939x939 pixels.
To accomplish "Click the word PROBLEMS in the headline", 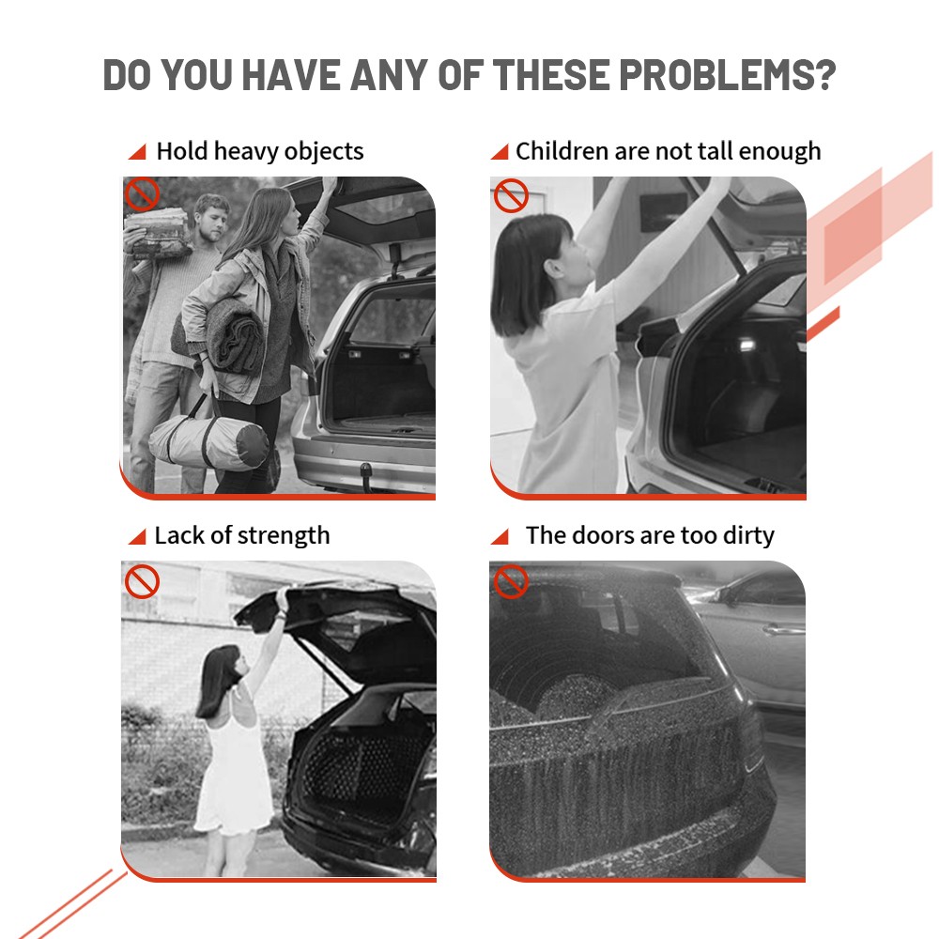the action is tap(716, 75).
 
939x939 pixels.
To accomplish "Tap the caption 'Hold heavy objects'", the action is tap(260, 151).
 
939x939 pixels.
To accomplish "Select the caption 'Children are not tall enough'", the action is tap(668, 151).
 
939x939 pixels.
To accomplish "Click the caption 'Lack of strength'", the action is tap(242, 536).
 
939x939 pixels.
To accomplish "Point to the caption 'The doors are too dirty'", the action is tap(650, 535).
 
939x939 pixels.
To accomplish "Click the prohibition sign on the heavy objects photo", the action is tap(142, 194).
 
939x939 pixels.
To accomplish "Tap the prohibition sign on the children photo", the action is tap(511, 195).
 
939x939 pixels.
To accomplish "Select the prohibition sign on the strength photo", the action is tap(142, 581).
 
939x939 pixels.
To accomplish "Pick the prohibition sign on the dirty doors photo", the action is tap(511, 581).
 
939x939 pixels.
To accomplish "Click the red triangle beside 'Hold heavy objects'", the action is tap(139, 153).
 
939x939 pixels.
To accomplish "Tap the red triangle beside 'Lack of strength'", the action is tap(139, 537).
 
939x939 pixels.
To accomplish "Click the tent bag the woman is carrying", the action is tap(208, 442).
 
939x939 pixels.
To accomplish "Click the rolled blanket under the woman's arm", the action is tap(224, 335).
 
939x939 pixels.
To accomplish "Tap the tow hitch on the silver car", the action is tap(364, 472).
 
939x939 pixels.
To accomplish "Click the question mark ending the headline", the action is tap(824, 75).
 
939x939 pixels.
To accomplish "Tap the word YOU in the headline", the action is tap(196, 75).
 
